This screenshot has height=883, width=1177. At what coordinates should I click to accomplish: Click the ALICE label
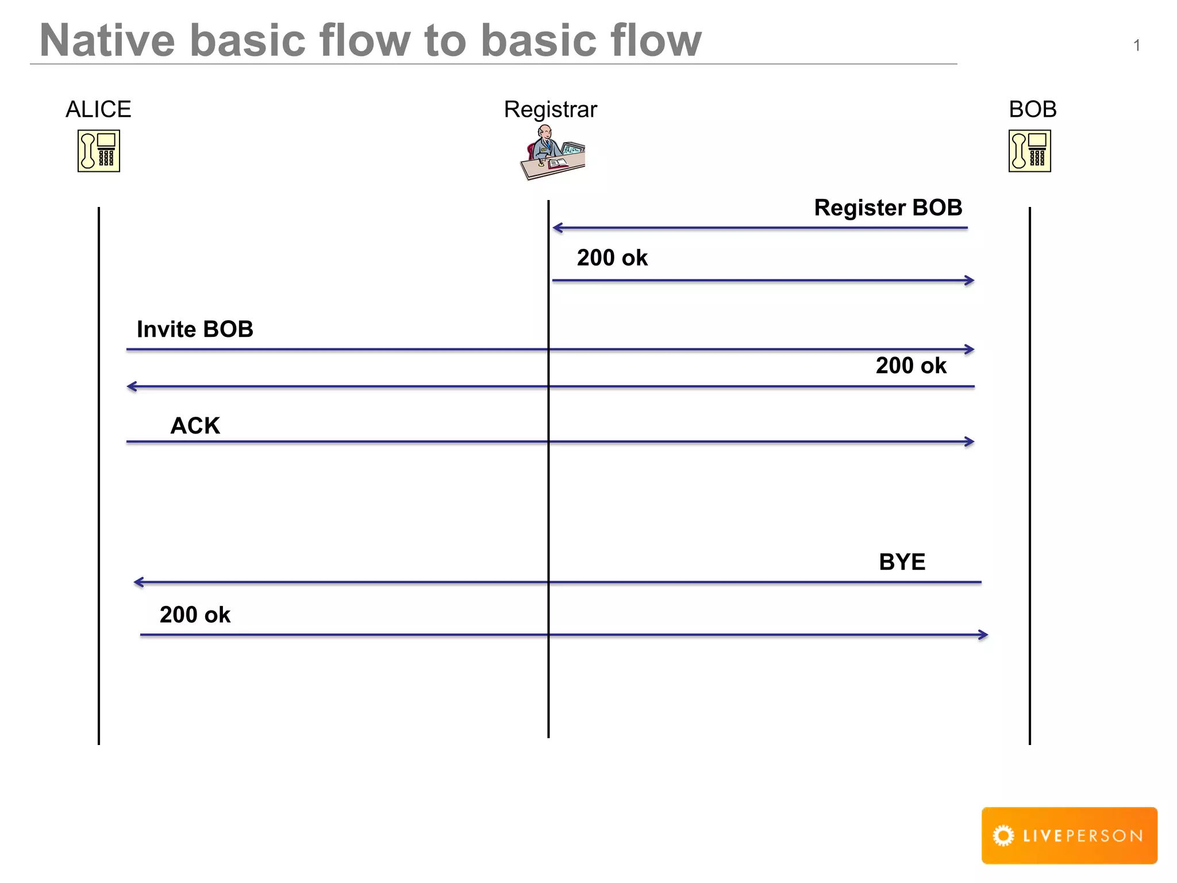[98, 109]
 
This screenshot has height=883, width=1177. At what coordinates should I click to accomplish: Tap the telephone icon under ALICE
[99, 151]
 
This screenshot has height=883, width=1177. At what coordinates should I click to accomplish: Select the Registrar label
[550, 109]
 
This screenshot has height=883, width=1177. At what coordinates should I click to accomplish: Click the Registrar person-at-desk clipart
[552, 153]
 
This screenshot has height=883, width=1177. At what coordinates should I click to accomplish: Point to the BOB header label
[1032, 109]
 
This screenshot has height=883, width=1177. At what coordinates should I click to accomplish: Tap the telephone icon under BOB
[1029, 151]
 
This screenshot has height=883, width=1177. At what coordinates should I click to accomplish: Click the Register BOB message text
[888, 208]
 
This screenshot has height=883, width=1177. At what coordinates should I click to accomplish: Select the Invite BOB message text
[195, 329]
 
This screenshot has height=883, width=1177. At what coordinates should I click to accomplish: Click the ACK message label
[195, 426]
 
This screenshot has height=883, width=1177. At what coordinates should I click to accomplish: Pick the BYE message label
[902, 562]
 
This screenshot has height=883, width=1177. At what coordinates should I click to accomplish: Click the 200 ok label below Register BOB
[612, 258]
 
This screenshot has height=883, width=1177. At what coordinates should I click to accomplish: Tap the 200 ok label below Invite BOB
[911, 366]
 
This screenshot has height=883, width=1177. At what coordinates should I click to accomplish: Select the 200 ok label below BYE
[195, 615]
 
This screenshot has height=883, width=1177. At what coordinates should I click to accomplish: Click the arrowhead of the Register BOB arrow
[556, 228]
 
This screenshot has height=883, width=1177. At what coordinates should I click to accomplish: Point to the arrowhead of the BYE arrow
[137, 582]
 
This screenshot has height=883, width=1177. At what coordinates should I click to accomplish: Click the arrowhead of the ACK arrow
[971, 441]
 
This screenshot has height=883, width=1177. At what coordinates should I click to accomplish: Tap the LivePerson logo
[1069, 835]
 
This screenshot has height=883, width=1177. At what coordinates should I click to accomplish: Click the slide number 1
[1136, 45]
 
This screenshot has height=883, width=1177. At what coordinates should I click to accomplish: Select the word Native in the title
[107, 41]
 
